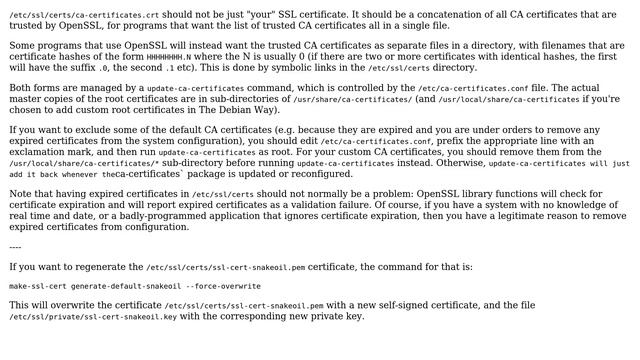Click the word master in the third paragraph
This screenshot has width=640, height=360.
[28, 101]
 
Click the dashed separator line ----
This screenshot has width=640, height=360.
[15, 246]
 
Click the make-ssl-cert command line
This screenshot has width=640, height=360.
[135, 286]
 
